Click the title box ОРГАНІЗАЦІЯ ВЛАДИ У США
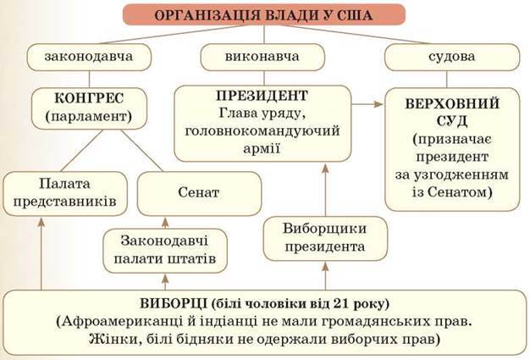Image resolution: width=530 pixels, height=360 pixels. (263, 14)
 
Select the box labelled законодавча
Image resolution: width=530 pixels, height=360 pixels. (89, 57)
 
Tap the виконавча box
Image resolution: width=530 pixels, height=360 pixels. (262, 57)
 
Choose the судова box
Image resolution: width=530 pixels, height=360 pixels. (452, 57)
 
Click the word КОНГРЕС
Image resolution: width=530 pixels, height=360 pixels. (89, 98)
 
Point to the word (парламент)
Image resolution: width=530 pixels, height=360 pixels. (89, 116)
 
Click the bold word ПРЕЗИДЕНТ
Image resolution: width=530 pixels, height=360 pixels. (262, 96)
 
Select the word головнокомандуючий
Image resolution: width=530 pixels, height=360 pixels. (262, 130)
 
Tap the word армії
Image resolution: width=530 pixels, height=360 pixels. (262, 147)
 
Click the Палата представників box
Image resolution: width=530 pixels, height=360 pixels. (65, 193)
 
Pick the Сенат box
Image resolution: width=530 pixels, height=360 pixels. (199, 193)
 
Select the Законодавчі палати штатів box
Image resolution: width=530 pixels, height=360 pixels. (165, 251)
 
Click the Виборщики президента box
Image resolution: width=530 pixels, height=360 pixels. (325, 239)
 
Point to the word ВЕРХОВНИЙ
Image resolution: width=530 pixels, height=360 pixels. (452, 103)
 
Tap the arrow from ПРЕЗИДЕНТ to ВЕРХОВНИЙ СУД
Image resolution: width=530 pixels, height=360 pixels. (367, 104)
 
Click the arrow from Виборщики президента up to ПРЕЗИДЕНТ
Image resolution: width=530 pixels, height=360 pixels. (325, 191)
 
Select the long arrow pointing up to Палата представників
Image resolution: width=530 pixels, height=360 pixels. (41, 253)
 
